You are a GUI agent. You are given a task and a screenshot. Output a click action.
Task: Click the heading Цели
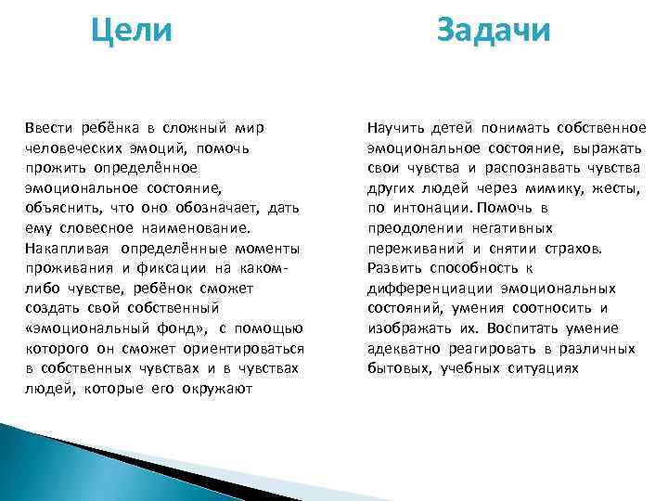coord(132,31)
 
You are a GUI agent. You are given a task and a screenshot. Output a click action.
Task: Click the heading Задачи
coord(494,31)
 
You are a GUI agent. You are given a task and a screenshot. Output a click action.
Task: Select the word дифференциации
coord(428,288)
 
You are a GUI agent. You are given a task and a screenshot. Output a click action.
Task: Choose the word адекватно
coord(401,348)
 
